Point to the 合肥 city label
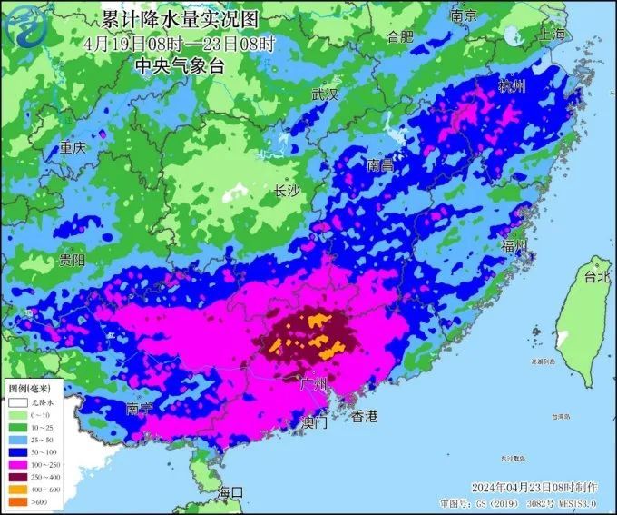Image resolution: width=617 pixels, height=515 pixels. [x=399, y=36]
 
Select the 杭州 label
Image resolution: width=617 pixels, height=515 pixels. [x=512, y=86]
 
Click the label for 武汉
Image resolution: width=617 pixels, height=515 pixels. [x=324, y=94]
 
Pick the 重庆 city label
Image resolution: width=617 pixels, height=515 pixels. [x=73, y=148]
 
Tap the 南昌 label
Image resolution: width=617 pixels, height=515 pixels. [x=381, y=166]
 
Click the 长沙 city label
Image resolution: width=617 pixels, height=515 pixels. [x=287, y=191]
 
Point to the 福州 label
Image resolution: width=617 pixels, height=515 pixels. [x=514, y=246]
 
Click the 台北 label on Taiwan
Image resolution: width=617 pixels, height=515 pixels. [x=597, y=277]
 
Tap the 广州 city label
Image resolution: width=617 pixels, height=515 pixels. [x=313, y=383]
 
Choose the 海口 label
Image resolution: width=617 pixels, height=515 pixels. [x=230, y=491]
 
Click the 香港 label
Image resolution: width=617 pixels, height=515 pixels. [x=364, y=416]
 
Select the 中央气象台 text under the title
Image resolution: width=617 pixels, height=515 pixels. [x=179, y=65]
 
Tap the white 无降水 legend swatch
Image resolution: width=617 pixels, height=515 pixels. [x=15, y=401]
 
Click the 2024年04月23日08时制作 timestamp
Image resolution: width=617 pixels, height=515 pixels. [x=529, y=487]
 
